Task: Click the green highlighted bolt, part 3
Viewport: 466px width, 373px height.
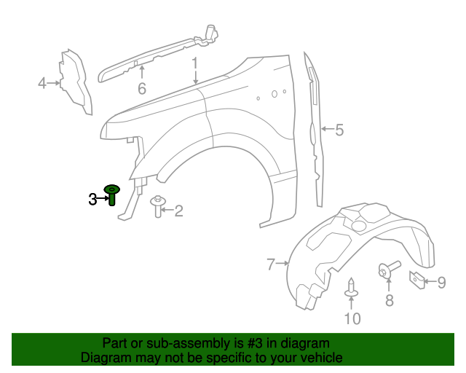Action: pos(113,195)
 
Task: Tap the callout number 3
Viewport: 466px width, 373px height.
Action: pos(92,199)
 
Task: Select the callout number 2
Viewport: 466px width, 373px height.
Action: pos(178,211)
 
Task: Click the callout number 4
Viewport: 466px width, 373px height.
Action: pos(42,84)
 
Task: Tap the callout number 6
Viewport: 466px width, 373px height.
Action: pos(142,89)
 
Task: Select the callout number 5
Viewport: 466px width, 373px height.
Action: pos(339,130)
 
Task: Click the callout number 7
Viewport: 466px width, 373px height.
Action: pos(271,264)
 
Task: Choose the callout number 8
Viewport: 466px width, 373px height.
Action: pos(389,300)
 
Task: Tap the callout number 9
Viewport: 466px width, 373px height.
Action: pos(441,281)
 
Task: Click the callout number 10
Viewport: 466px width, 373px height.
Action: pos(352,318)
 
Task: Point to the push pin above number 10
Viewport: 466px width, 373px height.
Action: pos(351,288)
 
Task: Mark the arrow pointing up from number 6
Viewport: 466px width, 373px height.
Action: pos(142,72)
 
